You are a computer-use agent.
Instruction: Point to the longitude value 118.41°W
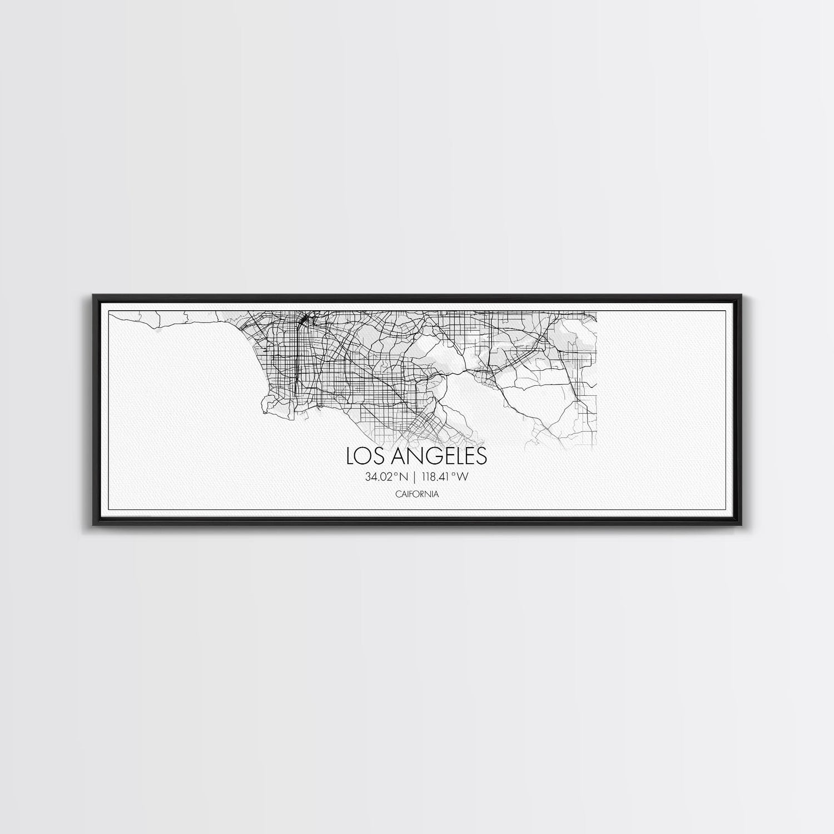tap(445, 476)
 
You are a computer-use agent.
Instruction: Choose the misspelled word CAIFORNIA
tap(417, 493)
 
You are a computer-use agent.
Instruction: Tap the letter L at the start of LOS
tap(351, 456)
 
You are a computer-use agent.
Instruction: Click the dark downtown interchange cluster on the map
tap(304, 321)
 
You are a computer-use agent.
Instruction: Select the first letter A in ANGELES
tap(400, 456)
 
